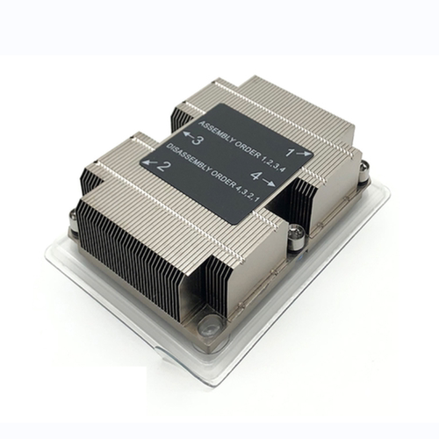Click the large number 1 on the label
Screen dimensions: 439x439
pyautogui.click(x=289, y=152)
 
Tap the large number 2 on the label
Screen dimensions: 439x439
pyautogui.click(x=164, y=167)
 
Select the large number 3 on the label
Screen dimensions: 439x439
pyautogui.click(x=197, y=140)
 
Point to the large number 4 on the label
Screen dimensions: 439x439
pyautogui.click(x=255, y=176)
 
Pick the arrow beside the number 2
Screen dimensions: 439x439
pyautogui.click(x=149, y=162)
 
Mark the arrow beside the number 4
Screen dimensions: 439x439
pyautogui.click(x=269, y=182)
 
